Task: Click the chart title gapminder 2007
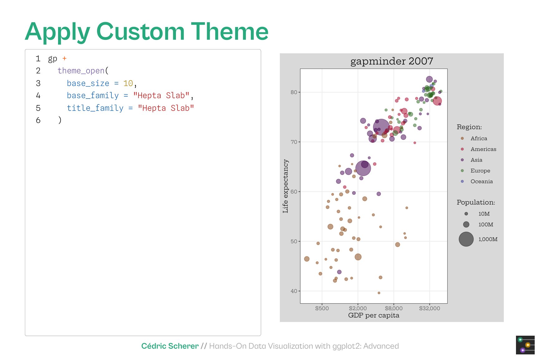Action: coord(392,61)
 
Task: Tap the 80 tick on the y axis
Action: coord(294,92)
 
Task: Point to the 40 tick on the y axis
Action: coord(294,291)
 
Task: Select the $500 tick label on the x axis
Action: coord(322,308)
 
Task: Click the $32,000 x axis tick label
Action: coord(429,308)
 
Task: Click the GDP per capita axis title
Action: coord(373,315)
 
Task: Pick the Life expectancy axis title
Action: coord(285,186)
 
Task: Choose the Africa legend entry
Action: coord(479,138)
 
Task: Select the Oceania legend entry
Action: coord(481,181)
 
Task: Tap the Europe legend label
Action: coord(480,171)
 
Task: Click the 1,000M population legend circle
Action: coord(466,239)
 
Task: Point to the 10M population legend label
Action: coord(484,214)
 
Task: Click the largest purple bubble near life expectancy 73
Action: coord(381,128)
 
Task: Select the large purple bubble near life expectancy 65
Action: coord(363,168)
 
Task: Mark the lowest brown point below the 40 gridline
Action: coord(379,293)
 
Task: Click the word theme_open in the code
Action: coord(81,71)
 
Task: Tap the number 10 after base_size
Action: coord(128,83)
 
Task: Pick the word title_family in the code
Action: coord(95,108)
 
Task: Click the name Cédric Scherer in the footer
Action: coord(170,346)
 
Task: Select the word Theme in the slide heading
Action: coord(230,31)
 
